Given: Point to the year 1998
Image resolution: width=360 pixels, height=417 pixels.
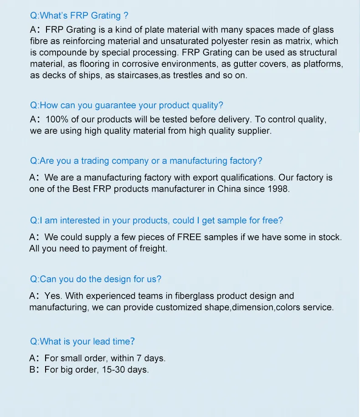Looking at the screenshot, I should [x=278, y=188].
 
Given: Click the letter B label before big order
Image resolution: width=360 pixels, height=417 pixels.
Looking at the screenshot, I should [x=32, y=370].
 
